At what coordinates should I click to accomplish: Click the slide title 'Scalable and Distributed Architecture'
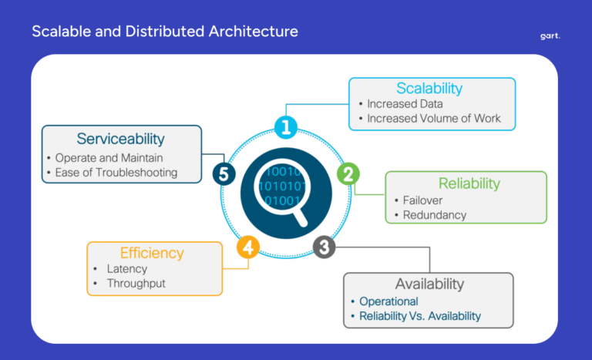coord(164,32)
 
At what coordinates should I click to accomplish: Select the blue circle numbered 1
coord(285,127)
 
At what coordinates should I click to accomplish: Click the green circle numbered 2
coord(348,173)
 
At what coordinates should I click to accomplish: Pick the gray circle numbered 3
coord(325,247)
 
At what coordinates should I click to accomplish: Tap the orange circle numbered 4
coord(247,247)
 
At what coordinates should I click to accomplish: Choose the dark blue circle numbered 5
coord(224,174)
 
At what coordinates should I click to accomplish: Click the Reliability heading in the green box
coord(469,183)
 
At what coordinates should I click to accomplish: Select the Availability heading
coord(429,284)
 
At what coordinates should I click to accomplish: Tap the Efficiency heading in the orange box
coord(152,253)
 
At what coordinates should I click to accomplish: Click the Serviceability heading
coord(120,139)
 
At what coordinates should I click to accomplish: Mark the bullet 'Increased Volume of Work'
coord(433,118)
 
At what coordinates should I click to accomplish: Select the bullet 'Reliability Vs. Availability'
coord(419,316)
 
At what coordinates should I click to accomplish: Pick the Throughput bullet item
coord(136,283)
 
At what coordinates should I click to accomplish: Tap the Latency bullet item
coord(127,269)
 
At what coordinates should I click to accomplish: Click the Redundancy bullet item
coord(434,215)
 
